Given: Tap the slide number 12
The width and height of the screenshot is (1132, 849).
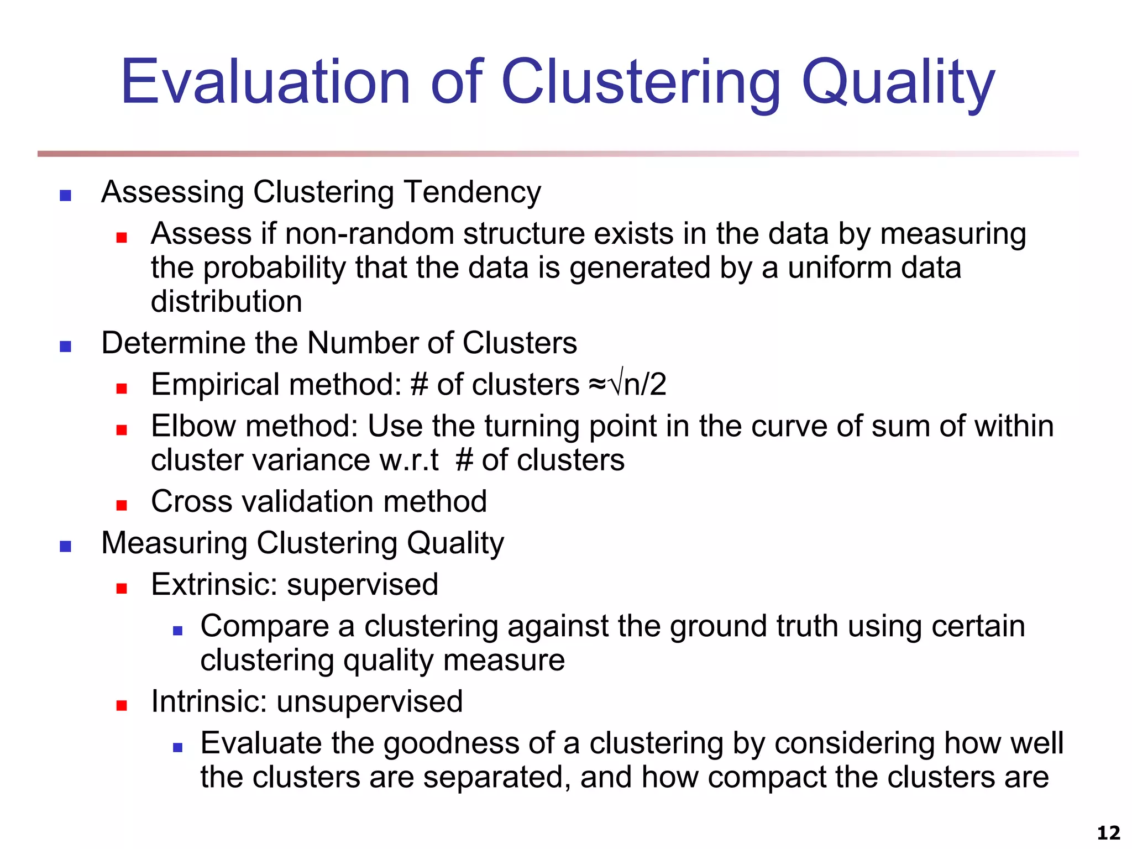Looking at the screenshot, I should tap(1108, 832).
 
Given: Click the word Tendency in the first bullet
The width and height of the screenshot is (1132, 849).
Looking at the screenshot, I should tap(473, 193).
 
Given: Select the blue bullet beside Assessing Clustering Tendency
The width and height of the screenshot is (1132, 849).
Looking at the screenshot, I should tap(66, 195).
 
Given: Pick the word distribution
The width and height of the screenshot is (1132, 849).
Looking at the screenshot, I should tap(227, 302).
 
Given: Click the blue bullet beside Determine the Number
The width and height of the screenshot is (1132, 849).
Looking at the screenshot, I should tap(66, 347).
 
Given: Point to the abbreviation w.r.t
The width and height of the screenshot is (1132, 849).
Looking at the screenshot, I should tap(408, 460).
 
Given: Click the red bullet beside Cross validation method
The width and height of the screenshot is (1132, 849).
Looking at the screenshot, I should tap(122, 505).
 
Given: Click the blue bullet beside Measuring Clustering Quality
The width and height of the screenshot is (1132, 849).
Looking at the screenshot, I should tap(66, 547).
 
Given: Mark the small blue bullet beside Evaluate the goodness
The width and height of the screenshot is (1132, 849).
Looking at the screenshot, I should tap(177, 748).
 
